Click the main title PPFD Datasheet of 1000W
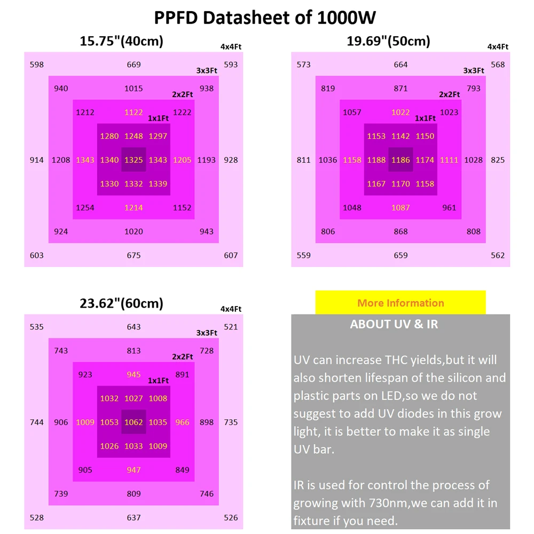coord(265,17)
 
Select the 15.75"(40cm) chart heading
coord(121,41)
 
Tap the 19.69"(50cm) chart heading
coord(388,41)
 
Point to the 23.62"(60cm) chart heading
coord(121,303)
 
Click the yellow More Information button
coord(400,303)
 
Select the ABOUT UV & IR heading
coord(394,324)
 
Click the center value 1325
coord(133,160)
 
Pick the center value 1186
coord(400,160)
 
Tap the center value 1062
coord(133,422)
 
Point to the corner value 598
coord(37,65)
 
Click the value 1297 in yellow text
coord(158,136)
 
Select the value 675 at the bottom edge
coord(133,255)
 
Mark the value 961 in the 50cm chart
coord(449,208)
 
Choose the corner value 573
coord(303,65)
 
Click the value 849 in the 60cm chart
coord(182,470)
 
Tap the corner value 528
coord(37,517)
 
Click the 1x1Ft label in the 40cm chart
coord(158,119)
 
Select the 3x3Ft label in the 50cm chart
coord(473,70)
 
